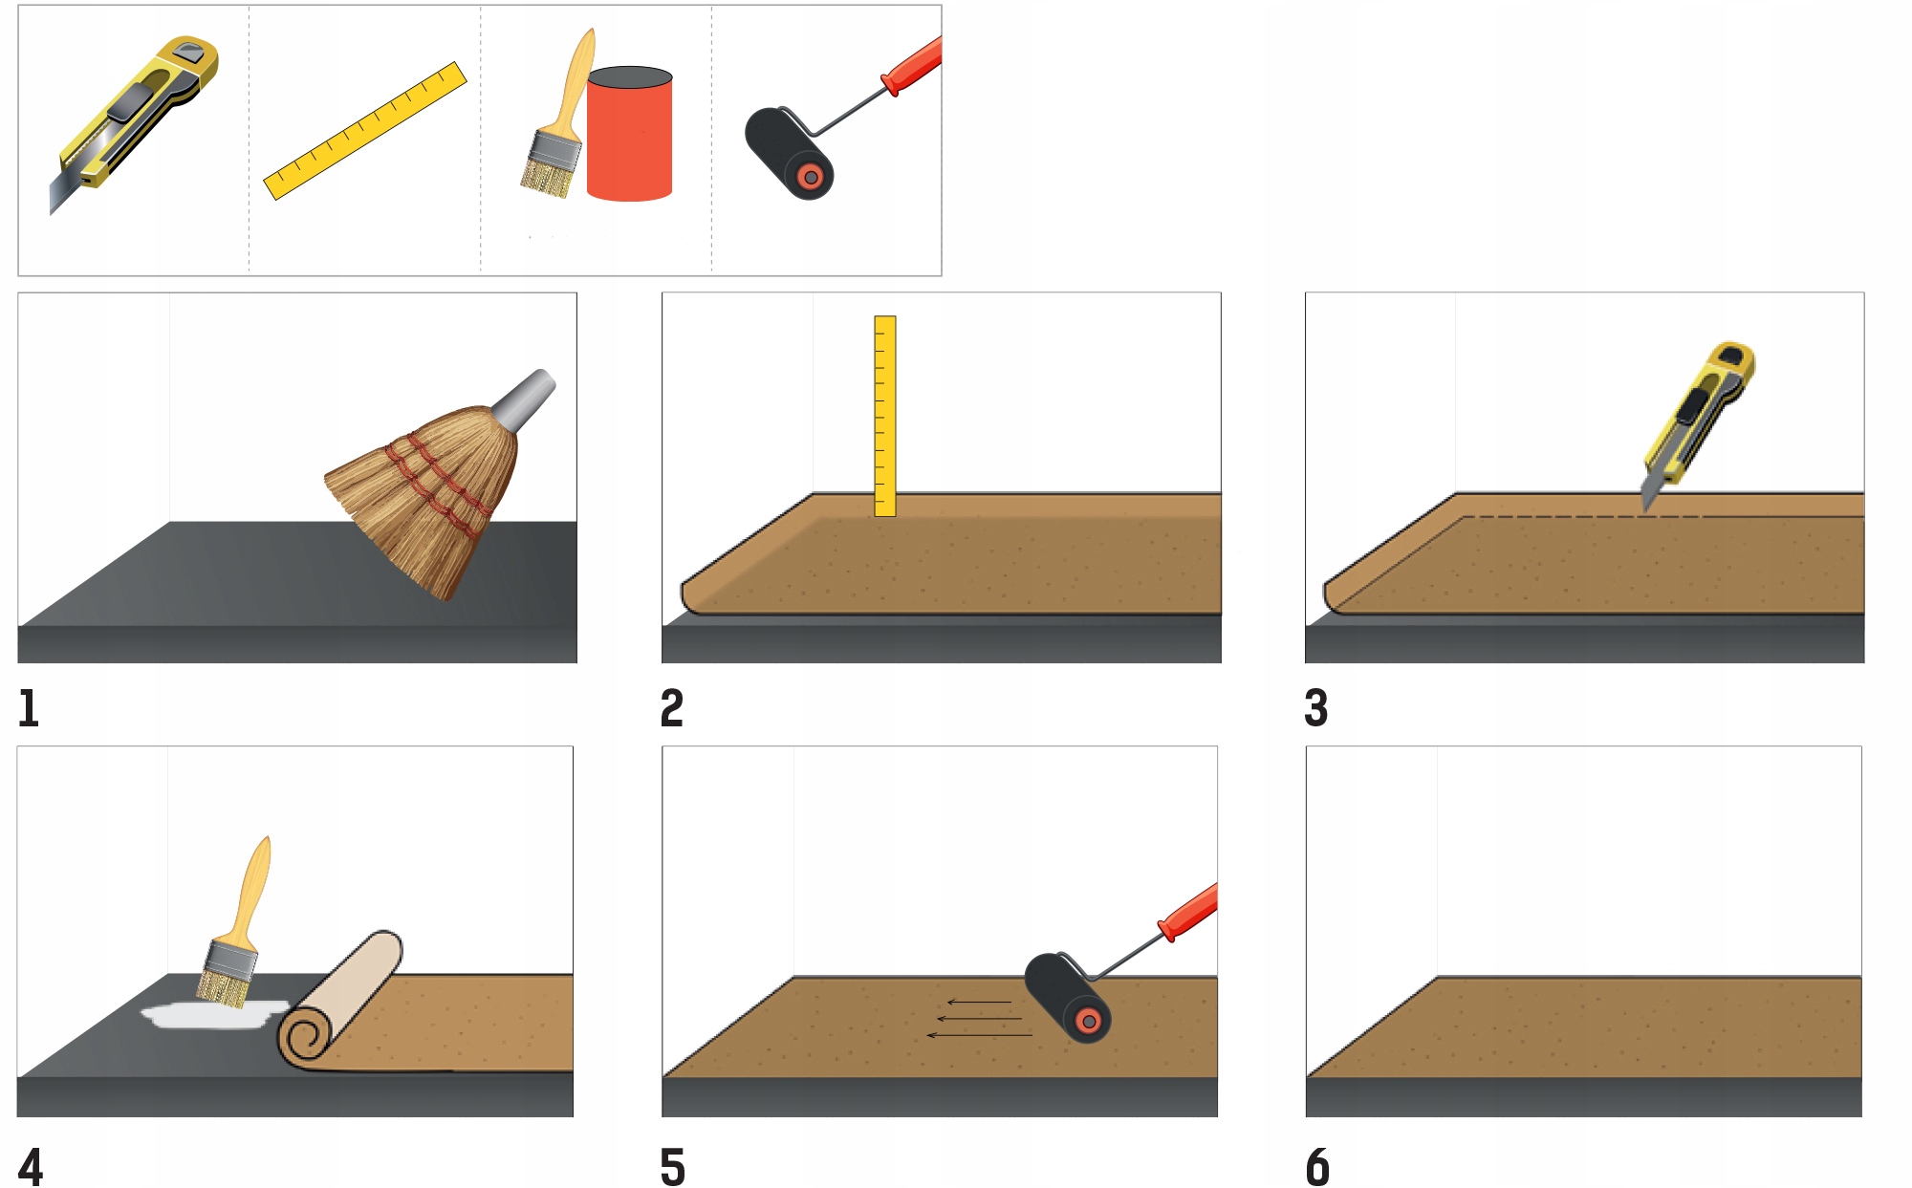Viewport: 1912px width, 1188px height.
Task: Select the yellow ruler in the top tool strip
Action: click(x=365, y=131)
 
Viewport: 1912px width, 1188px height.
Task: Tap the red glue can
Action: click(x=629, y=134)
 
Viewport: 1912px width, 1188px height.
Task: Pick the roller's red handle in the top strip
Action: click(x=911, y=66)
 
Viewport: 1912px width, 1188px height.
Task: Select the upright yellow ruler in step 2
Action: click(x=885, y=416)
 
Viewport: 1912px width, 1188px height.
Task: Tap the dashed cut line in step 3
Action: click(x=1583, y=517)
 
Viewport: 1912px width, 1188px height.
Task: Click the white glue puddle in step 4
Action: click(x=214, y=1014)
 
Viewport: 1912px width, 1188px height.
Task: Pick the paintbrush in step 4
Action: click(x=236, y=923)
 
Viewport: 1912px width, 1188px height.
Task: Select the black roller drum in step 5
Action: click(x=1068, y=997)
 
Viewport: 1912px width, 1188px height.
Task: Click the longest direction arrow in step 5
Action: click(x=980, y=1035)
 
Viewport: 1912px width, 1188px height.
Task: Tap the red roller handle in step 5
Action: click(x=1188, y=913)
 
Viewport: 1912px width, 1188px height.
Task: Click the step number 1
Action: click(x=29, y=708)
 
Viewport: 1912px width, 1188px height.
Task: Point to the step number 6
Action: click(x=1318, y=1167)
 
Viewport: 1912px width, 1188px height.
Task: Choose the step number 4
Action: click(x=31, y=1167)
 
